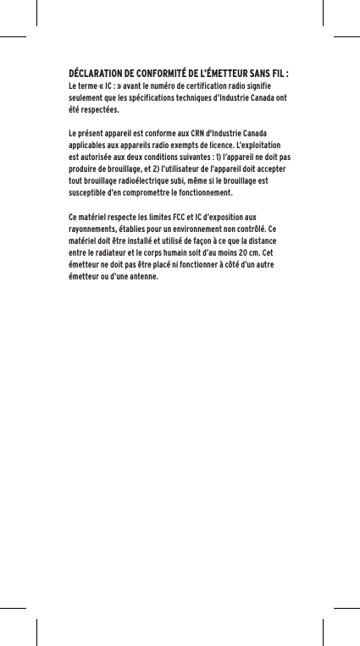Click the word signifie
271,86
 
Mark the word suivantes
196,158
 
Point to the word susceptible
88,195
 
